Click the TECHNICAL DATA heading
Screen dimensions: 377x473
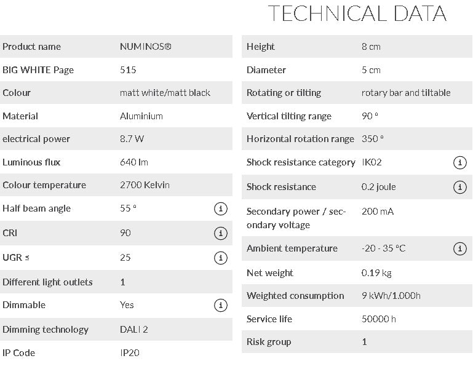357,14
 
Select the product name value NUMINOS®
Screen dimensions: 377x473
145,47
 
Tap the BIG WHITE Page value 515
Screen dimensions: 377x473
128,70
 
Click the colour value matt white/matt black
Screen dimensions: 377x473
165,93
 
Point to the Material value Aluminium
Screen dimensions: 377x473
141,116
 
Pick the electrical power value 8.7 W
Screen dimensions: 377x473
132,139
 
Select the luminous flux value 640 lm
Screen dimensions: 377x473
134,162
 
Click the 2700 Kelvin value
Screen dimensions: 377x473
145,185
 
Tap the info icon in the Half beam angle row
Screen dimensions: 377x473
220,209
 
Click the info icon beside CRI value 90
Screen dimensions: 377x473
220,234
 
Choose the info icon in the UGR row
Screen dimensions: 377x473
220,258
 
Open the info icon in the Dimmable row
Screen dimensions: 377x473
220,306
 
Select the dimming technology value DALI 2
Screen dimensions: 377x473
134,330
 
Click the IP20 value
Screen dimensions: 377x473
129,353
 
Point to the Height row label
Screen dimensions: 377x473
261,47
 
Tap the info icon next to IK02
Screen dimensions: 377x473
459,163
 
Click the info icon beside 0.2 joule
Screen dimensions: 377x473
459,188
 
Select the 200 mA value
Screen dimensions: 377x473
378,212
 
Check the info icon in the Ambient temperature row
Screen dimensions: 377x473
459,249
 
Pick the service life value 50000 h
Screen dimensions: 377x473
379,319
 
